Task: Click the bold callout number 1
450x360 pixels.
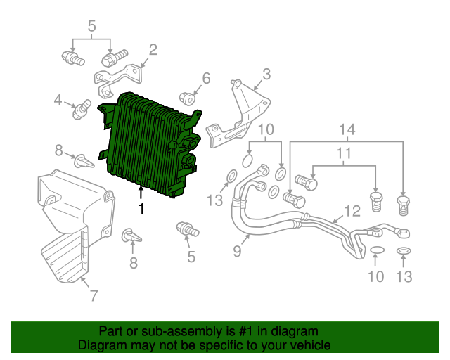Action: coord(141,208)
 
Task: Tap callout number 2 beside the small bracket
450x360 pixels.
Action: coord(153,50)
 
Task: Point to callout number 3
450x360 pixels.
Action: coord(266,74)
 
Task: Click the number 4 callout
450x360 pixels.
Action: coord(58,100)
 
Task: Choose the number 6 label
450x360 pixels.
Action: coord(206,78)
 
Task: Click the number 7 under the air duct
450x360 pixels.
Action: coord(94,295)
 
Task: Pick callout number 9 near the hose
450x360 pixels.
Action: coord(238,251)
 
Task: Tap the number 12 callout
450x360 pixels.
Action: coord(352,212)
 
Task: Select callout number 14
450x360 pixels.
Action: coord(347,130)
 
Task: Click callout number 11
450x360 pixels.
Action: coord(344,153)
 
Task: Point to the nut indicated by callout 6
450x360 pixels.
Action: coord(187,98)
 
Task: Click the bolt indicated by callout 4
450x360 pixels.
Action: coord(82,109)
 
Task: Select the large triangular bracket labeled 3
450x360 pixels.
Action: coord(238,114)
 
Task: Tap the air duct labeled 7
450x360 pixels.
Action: coord(76,226)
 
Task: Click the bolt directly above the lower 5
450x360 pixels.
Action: coord(188,229)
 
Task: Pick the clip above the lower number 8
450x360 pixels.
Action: coord(131,236)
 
